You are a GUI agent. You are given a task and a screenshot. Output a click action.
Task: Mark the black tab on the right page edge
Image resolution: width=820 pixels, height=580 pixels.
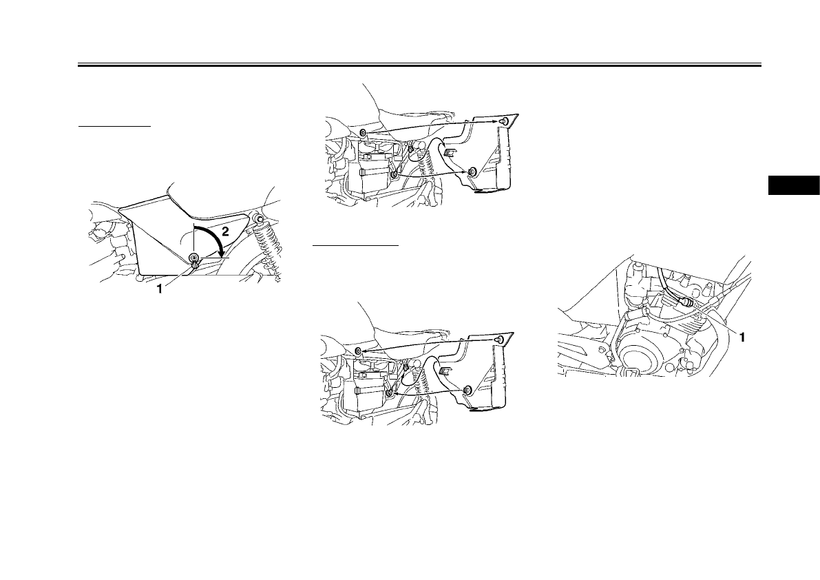(x=793, y=186)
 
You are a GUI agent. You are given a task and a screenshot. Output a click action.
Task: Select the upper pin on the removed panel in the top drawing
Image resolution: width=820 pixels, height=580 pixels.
(x=507, y=122)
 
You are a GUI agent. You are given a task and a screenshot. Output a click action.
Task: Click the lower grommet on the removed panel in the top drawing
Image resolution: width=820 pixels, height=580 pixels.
(x=472, y=171)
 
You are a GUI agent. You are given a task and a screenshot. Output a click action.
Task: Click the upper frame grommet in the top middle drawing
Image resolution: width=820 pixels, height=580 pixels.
(x=362, y=132)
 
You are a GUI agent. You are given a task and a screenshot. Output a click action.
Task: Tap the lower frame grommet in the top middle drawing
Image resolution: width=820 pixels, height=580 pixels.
(x=393, y=176)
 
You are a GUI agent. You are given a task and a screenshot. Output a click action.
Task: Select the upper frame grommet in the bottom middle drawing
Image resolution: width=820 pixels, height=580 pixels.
(x=359, y=352)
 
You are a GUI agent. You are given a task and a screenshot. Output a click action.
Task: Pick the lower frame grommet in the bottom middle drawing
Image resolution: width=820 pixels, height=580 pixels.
(x=390, y=393)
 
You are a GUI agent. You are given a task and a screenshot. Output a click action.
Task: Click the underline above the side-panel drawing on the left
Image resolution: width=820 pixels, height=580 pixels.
(x=114, y=127)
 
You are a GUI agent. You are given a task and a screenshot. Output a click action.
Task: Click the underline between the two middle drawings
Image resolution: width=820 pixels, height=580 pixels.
(x=355, y=244)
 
